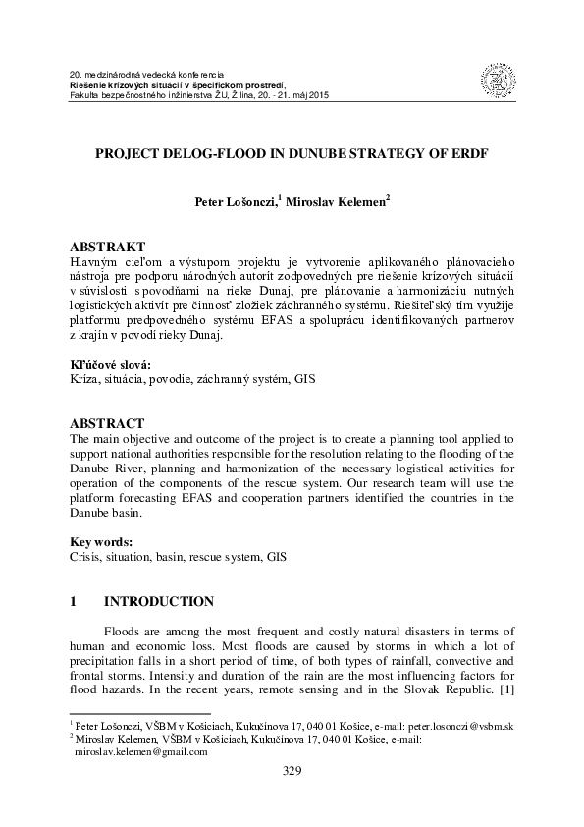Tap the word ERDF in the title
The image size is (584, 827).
(466, 155)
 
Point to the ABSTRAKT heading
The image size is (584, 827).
(108, 245)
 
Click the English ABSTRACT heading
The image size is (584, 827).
(108, 423)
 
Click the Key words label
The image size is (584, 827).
(101, 542)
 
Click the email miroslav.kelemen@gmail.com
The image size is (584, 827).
(141, 751)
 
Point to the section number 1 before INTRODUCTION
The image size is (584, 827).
(74, 600)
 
